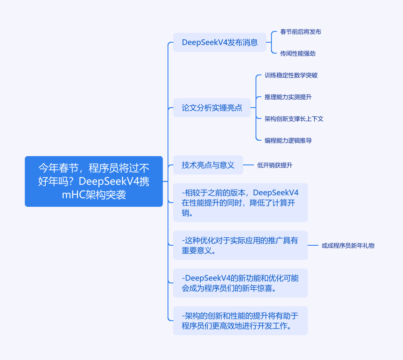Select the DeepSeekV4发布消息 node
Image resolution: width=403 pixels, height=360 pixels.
(220, 42)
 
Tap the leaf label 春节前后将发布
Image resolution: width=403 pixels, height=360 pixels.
(300, 32)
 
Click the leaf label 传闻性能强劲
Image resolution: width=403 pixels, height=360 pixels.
(297, 54)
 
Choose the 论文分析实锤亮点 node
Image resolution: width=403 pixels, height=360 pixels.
(212, 108)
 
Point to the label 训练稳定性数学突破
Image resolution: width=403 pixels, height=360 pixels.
(291, 75)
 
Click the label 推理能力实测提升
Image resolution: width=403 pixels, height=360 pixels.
(288, 97)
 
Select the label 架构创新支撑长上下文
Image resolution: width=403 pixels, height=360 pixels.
(294, 119)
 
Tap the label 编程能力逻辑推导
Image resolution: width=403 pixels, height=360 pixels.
(288, 141)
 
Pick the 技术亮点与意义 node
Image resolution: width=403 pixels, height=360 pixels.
(208, 165)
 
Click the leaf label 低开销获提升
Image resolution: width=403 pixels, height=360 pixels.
(274, 165)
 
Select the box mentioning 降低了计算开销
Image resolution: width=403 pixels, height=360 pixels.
(240, 203)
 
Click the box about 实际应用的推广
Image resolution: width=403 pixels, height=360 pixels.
(240, 245)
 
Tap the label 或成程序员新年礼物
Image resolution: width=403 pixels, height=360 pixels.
(348, 246)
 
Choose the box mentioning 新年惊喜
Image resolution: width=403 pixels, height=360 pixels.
(240, 283)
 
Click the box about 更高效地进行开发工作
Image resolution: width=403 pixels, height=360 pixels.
(240, 321)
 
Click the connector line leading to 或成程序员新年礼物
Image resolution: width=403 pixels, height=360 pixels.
(313, 245)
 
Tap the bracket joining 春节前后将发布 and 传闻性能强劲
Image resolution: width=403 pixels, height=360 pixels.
(271, 42)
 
